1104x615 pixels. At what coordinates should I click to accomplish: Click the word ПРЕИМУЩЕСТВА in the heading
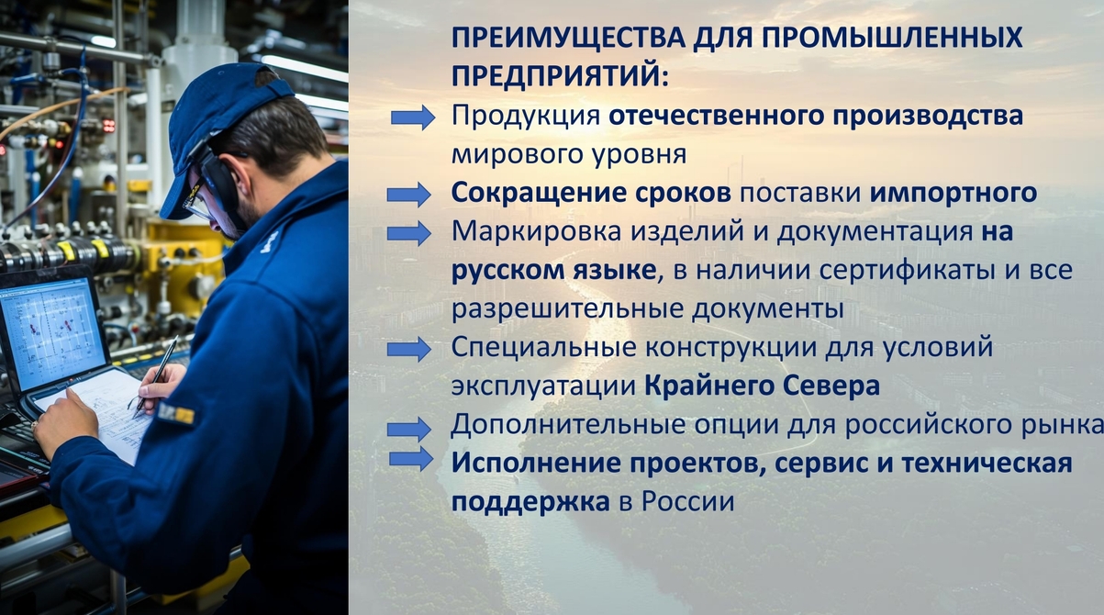pyautogui.click(x=569, y=38)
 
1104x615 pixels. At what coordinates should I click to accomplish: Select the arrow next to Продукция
pyautogui.click(x=413, y=117)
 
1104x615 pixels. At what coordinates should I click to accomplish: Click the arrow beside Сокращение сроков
pyautogui.click(x=409, y=195)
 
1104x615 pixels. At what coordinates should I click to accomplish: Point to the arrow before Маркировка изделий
pyautogui.click(x=409, y=233)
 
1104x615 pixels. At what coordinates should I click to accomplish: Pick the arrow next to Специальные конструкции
pyautogui.click(x=409, y=350)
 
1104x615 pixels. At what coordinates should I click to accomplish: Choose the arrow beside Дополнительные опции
pyautogui.click(x=409, y=430)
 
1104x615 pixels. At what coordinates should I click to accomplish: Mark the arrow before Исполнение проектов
pyautogui.click(x=411, y=459)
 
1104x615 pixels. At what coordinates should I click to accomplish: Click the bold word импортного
pyautogui.click(x=953, y=194)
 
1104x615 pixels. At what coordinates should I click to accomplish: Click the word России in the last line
pyautogui.click(x=687, y=502)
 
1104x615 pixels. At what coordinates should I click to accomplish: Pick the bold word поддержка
pyautogui.click(x=530, y=503)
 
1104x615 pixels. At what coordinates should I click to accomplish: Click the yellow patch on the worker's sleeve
pyautogui.click(x=176, y=413)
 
